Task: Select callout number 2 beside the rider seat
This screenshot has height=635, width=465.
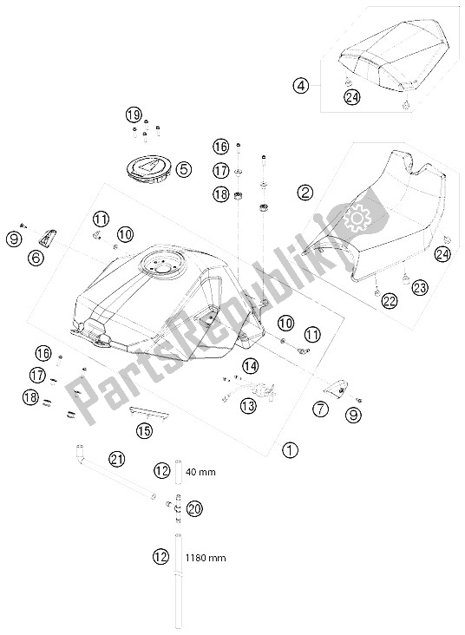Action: pyautogui.click(x=305, y=193)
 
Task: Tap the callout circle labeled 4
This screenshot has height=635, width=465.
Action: pyautogui.click(x=300, y=85)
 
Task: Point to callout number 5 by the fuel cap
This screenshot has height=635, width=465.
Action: pyautogui.click(x=184, y=170)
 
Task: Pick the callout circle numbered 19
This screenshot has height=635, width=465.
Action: pyautogui.click(x=133, y=115)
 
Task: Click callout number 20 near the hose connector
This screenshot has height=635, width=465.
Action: pyautogui.click(x=194, y=509)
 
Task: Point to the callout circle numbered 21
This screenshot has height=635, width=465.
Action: pyautogui.click(x=116, y=458)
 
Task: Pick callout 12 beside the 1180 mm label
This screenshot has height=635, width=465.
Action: pyautogui.click(x=160, y=558)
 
